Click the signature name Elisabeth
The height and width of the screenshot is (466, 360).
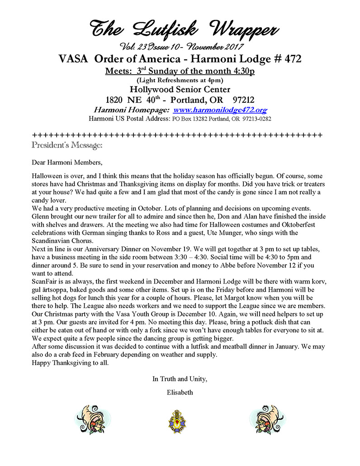pyautogui.click(x=180, y=392)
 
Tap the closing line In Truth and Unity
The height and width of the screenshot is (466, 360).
pyautogui.click(x=180, y=379)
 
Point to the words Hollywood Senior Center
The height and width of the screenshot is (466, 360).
pyautogui.click(x=179, y=89)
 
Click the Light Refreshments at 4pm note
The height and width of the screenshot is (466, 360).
pyautogui.click(x=180, y=80)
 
